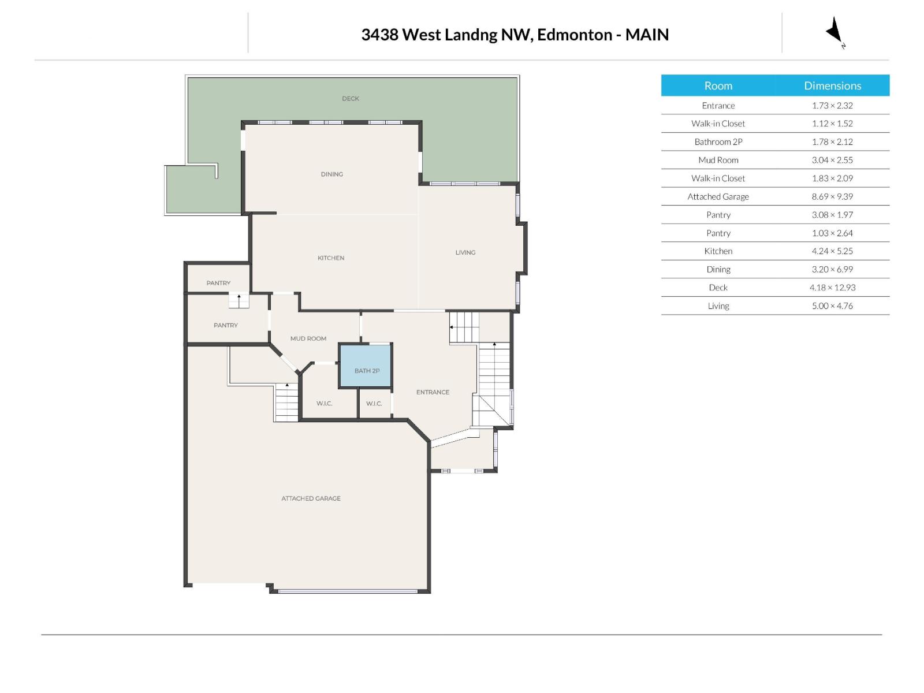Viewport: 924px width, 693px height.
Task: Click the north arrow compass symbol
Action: pyautogui.click(x=835, y=32)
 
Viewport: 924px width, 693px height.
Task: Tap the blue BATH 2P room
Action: pyautogui.click(x=366, y=366)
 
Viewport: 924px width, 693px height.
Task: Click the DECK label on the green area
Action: pyautogui.click(x=351, y=99)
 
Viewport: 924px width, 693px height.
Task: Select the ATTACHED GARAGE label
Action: pyautogui.click(x=311, y=498)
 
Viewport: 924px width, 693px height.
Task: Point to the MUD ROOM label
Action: pyautogui.click(x=308, y=338)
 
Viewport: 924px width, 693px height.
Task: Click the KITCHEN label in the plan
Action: pyautogui.click(x=331, y=258)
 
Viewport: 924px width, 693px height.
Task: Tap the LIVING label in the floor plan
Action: pyautogui.click(x=465, y=252)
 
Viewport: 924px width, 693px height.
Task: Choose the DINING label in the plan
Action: pyautogui.click(x=332, y=174)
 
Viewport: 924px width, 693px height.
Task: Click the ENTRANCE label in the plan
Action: pyautogui.click(x=433, y=392)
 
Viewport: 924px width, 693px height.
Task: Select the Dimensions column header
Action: pyautogui.click(x=832, y=85)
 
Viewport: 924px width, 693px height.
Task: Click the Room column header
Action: pyautogui.click(x=718, y=85)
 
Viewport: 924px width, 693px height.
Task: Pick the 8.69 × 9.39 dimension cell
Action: pyautogui.click(x=832, y=196)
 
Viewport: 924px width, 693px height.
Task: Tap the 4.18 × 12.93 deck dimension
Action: pyautogui.click(x=832, y=288)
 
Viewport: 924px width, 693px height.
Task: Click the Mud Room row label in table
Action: pyautogui.click(x=718, y=160)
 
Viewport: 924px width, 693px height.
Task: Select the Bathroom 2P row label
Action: pyautogui.click(x=718, y=141)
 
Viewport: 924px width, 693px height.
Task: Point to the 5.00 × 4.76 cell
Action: pyautogui.click(x=832, y=306)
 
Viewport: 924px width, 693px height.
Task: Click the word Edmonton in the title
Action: pyautogui.click(x=575, y=35)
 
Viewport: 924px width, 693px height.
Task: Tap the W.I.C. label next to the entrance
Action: pyautogui.click(x=374, y=404)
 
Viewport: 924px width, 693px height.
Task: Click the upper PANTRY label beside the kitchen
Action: pyautogui.click(x=218, y=283)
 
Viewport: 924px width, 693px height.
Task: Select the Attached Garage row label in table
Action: pyautogui.click(x=718, y=196)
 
